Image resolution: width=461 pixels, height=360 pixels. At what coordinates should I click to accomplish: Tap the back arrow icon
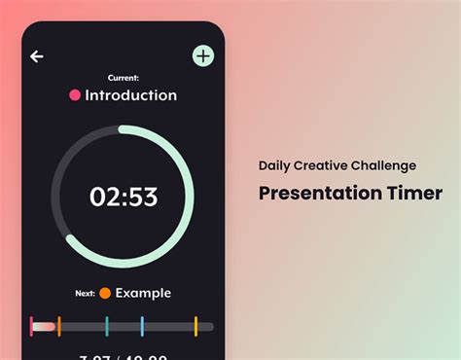(37, 56)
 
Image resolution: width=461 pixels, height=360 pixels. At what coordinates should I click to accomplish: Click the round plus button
(202, 55)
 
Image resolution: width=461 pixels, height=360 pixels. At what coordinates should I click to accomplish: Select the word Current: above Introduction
(124, 78)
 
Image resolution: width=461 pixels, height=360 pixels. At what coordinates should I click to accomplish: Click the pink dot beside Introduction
(75, 95)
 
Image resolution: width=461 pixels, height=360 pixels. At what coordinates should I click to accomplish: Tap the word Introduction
(131, 95)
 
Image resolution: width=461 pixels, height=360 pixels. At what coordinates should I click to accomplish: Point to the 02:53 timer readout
(124, 197)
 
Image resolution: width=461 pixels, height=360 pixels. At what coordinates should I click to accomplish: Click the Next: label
(86, 293)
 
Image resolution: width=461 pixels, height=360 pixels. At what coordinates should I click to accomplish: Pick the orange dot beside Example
(104, 293)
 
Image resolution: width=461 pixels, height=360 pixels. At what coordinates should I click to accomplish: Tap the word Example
(143, 293)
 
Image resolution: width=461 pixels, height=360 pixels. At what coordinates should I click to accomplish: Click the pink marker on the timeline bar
(32, 326)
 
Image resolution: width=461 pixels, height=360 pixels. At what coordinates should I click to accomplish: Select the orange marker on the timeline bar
(58, 326)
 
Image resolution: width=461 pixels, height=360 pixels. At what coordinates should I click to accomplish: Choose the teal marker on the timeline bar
(107, 326)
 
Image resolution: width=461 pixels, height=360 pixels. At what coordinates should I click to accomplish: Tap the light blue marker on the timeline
(142, 326)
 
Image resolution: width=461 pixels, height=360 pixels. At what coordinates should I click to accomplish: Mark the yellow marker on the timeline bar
(195, 326)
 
